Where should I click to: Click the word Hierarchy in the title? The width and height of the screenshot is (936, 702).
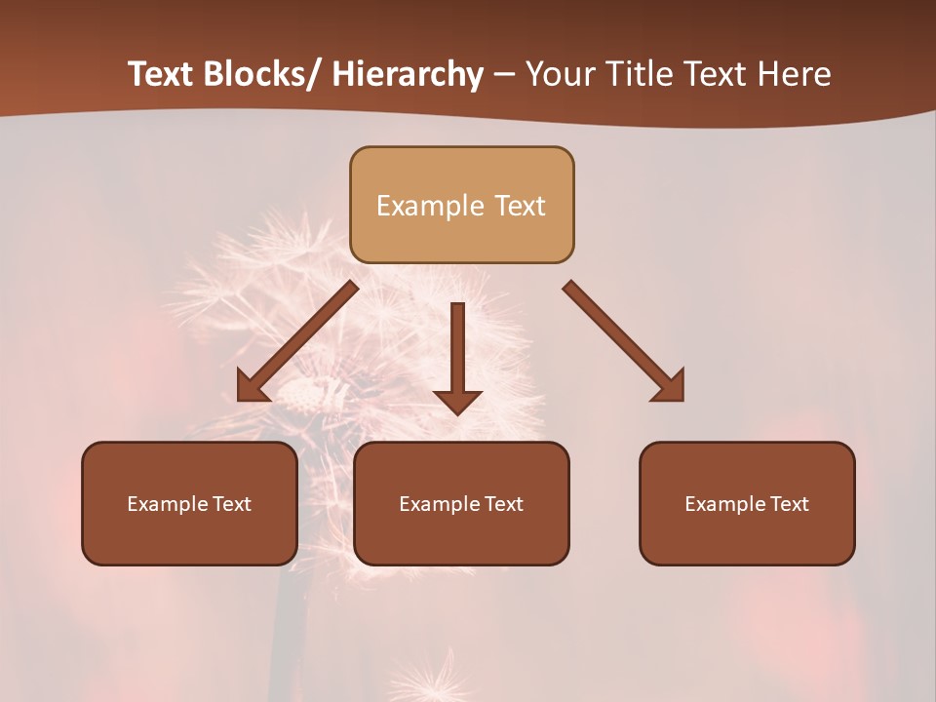[x=408, y=74]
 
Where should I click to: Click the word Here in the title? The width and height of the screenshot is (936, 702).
[x=795, y=74]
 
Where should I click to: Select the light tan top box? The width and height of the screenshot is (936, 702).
[x=462, y=205]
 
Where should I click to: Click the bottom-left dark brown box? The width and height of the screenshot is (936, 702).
[x=189, y=503]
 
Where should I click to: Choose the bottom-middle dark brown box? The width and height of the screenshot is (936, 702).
[x=461, y=503]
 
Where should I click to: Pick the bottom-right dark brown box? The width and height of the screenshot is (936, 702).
[x=747, y=503]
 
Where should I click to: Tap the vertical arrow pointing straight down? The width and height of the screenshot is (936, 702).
[x=458, y=357]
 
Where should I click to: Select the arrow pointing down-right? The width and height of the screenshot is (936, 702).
[x=625, y=342]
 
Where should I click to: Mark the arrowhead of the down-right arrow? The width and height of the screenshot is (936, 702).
[x=671, y=387]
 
